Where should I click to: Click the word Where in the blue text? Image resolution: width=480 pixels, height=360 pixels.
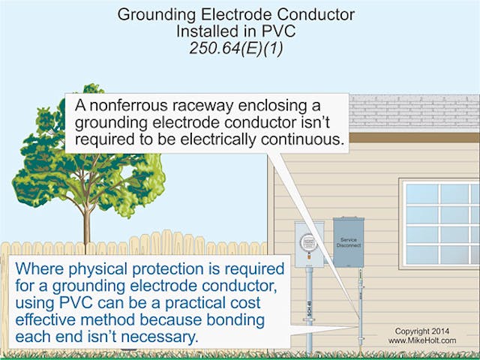click(x=37, y=268)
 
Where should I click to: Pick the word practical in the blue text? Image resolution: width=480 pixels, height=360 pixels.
click(x=178, y=302)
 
